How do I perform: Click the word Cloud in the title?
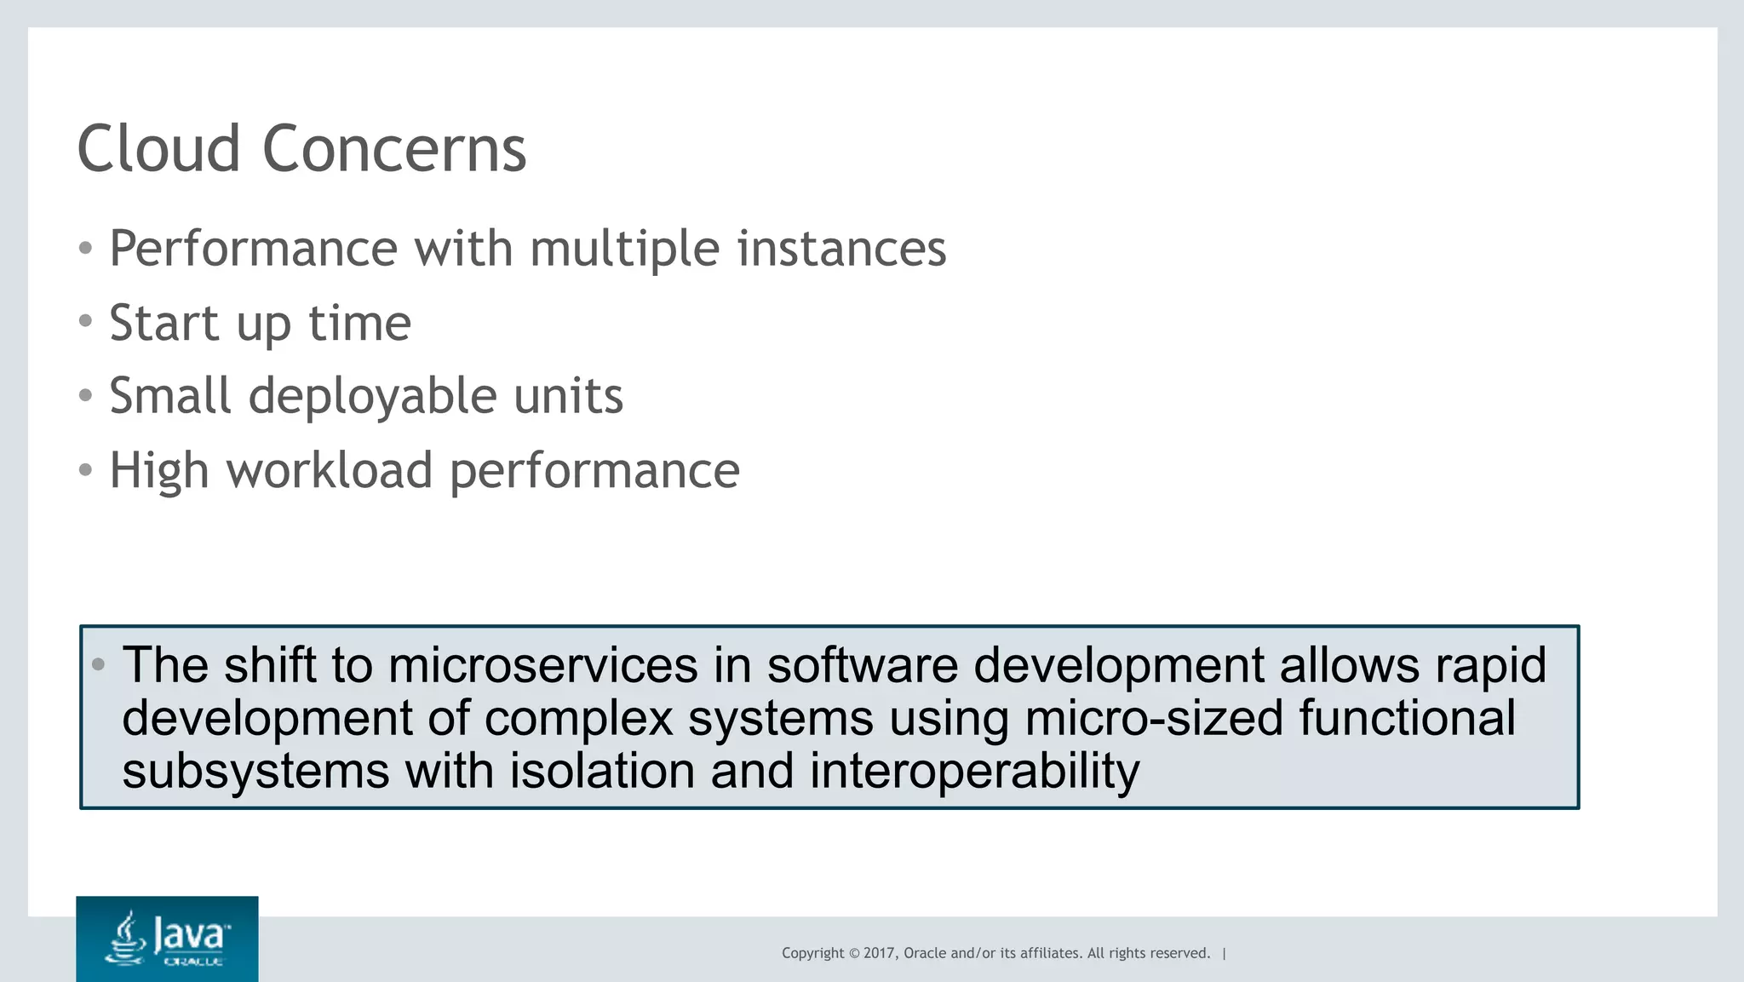tap(158, 149)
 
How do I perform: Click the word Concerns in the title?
tap(394, 149)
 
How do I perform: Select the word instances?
tap(841, 249)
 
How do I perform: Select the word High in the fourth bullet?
tap(159, 472)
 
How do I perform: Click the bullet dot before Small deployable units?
tap(85, 396)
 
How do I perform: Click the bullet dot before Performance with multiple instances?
tap(85, 249)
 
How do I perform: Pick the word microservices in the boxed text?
tap(542, 665)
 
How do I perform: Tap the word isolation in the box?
tap(601, 771)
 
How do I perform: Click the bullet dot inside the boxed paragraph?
tap(99, 664)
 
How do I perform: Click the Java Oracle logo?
tap(167, 939)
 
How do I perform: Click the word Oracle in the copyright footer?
tap(924, 953)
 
